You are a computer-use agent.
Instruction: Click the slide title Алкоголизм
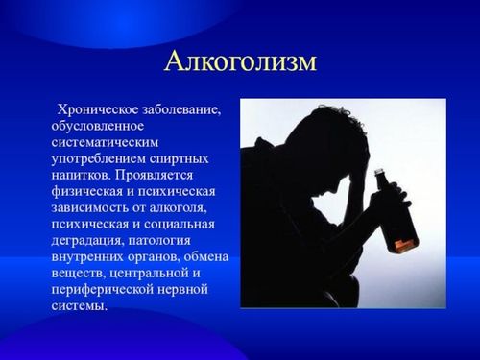(x=240, y=61)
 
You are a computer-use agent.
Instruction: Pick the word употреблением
(x=99, y=157)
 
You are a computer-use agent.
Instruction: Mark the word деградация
(x=85, y=239)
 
